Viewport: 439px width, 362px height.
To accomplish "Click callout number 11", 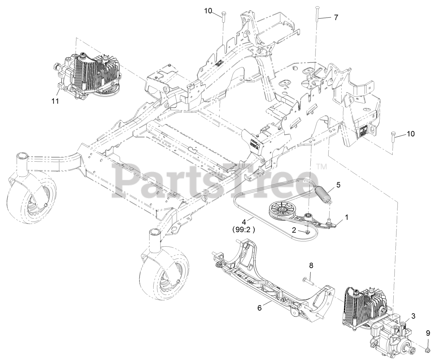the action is [55, 101].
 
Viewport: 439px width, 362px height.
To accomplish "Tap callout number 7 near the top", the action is [336, 17].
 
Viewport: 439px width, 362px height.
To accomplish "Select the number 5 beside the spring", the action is [338, 185].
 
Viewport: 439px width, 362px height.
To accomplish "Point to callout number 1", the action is [346, 217].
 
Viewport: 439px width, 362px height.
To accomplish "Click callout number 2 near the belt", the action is [294, 230].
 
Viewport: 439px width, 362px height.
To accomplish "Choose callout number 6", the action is [260, 308].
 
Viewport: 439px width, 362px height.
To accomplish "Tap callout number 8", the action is [311, 265].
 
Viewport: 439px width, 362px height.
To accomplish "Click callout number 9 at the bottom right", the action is [428, 333].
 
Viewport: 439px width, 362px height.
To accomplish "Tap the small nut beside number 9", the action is [428, 349].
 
